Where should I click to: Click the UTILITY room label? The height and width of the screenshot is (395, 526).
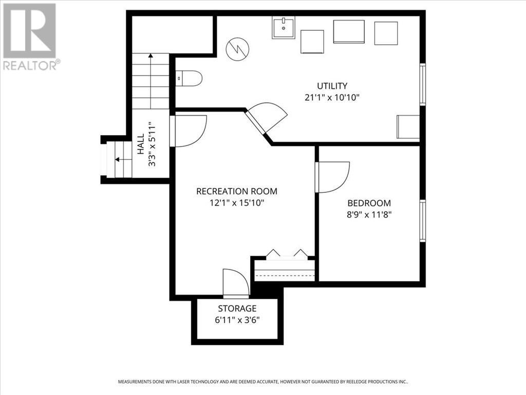[x=332, y=86]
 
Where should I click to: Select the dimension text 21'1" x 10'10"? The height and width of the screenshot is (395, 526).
[x=332, y=97]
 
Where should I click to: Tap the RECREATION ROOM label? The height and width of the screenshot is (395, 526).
[x=237, y=191]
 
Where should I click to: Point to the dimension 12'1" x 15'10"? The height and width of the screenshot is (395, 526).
[x=237, y=203]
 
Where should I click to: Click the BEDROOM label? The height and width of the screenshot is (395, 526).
[x=369, y=203]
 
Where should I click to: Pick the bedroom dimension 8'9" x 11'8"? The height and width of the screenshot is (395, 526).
[x=369, y=214]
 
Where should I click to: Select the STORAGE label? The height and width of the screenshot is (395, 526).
[x=237, y=309]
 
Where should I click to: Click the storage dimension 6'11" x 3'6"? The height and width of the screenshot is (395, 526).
[x=237, y=320]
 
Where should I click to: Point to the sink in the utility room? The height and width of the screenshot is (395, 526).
[x=284, y=27]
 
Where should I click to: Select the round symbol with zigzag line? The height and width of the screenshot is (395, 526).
[x=238, y=49]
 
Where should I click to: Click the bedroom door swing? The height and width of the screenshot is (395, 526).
[x=332, y=176]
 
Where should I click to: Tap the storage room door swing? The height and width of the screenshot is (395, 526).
[x=236, y=283]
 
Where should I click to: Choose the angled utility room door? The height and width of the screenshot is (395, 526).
[x=266, y=120]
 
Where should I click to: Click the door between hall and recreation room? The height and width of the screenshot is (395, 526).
[x=189, y=130]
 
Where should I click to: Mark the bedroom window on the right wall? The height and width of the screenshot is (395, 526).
[x=422, y=221]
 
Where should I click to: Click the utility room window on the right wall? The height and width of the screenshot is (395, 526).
[x=422, y=84]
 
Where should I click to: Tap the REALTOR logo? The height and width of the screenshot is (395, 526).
[x=30, y=36]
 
